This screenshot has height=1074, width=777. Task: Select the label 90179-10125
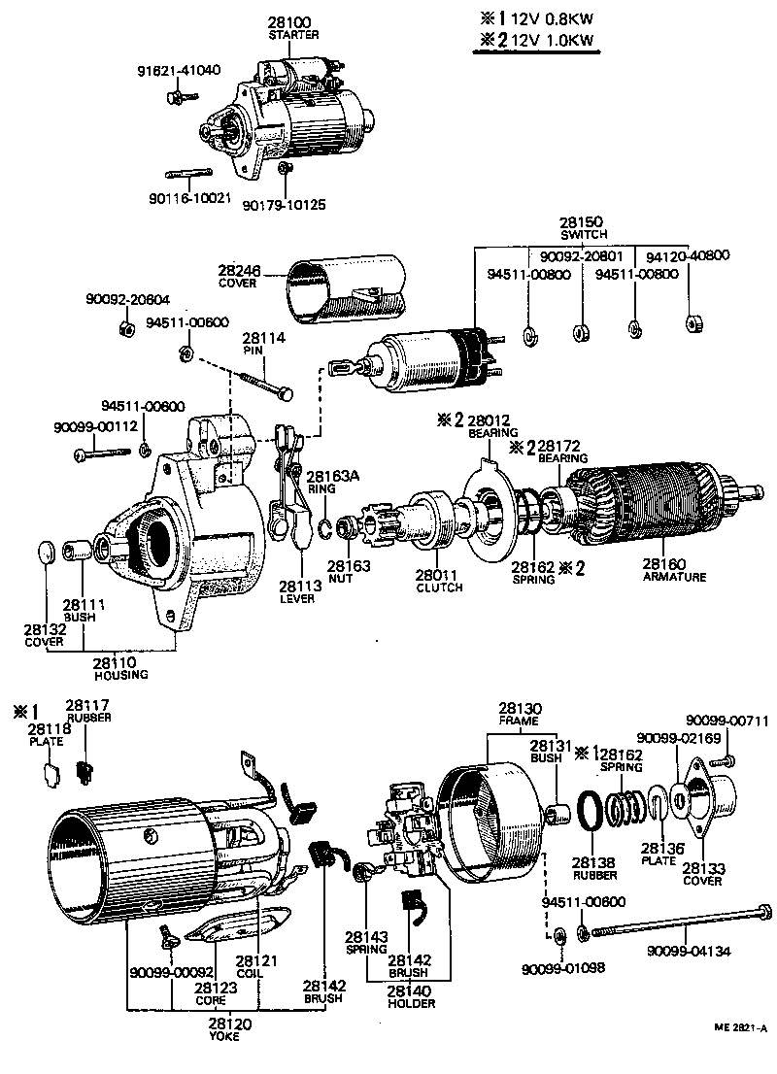tap(285, 205)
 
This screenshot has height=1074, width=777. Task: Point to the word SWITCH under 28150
tap(584, 235)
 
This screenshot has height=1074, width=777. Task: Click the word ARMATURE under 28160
tap(675, 576)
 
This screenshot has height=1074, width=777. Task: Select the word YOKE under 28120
tap(224, 1036)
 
